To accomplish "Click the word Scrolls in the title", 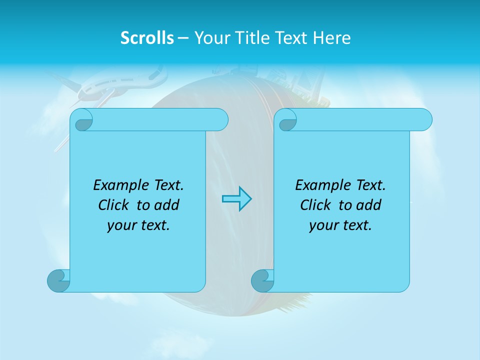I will pos(147,38).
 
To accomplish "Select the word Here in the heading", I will pos(331,38).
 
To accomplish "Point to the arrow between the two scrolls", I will pos(236,198).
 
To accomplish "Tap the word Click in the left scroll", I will pos(113,205).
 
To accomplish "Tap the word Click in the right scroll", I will pos(315,205).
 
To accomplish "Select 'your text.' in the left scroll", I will pos(138,225).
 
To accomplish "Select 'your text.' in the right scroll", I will pos(340,225).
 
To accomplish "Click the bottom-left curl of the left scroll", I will pos(58,280).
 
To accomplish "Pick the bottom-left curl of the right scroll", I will pos(262,280).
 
